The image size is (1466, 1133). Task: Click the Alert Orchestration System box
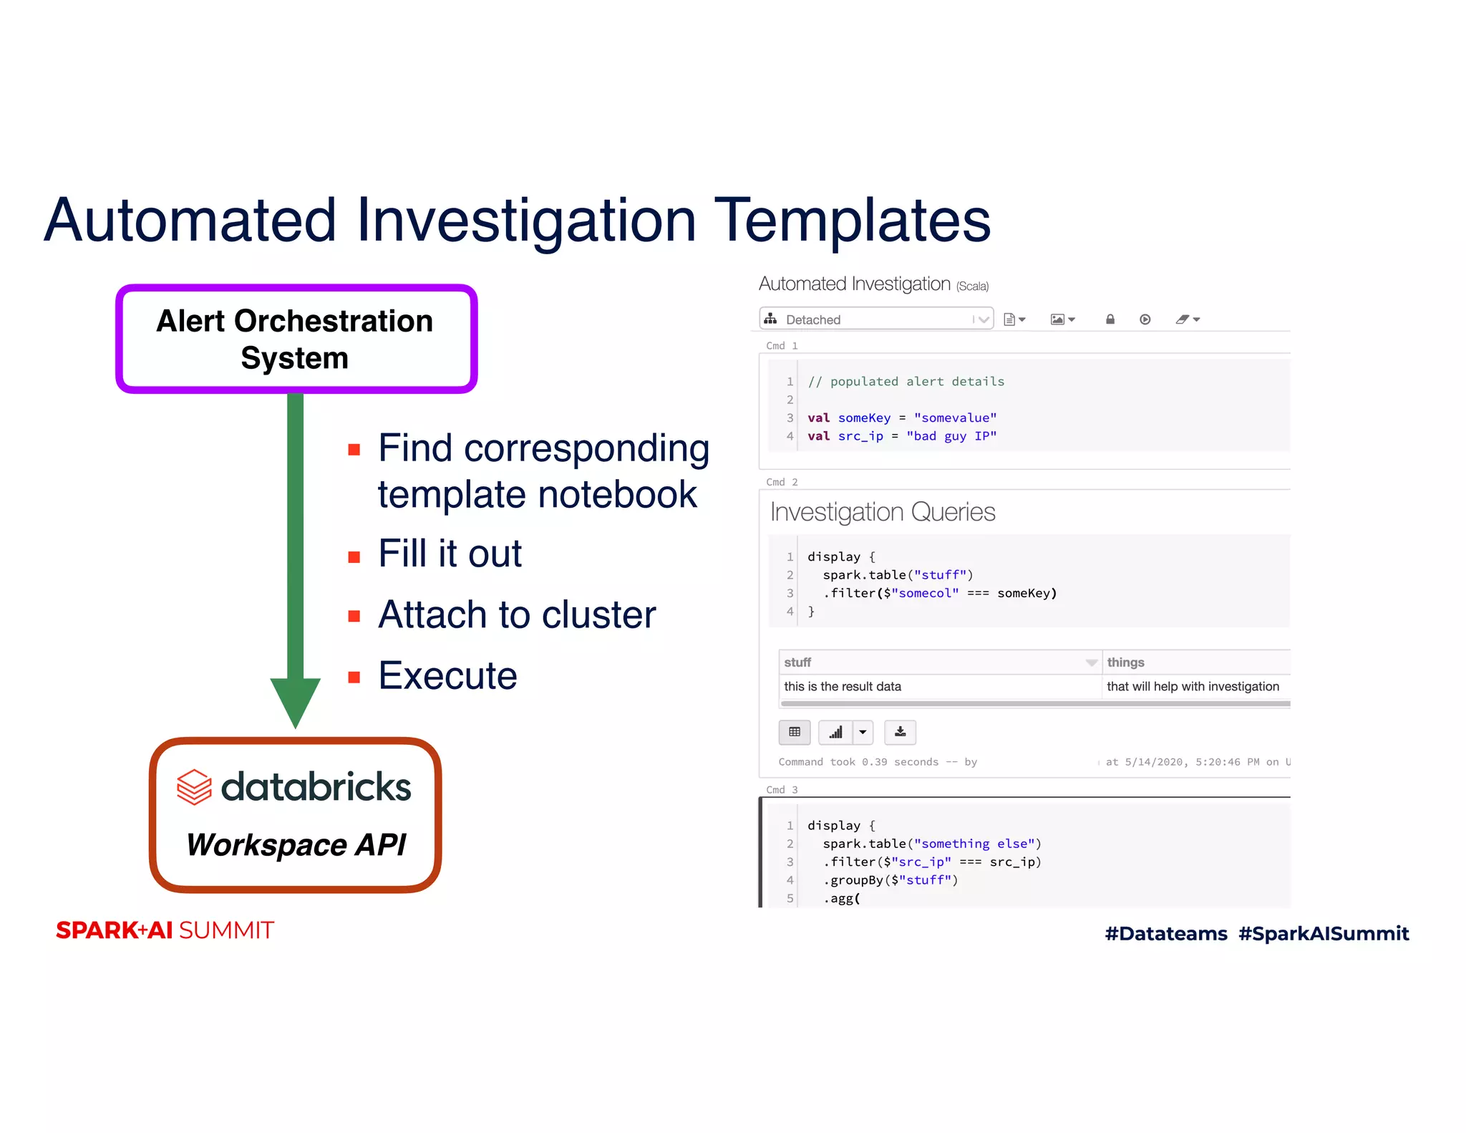(296, 339)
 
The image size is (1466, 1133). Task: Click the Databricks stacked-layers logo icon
(194, 787)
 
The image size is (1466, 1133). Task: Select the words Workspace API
(296, 844)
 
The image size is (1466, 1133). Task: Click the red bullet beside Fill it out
(354, 557)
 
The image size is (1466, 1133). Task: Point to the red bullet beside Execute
(354, 678)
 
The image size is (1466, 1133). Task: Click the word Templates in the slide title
(852, 220)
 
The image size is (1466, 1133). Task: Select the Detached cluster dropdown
(875, 319)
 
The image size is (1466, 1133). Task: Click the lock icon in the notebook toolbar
(1110, 319)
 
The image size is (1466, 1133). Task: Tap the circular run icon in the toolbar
(1145, 319)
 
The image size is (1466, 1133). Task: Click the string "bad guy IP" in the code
(951, 436)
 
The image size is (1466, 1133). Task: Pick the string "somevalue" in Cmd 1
(955, 418)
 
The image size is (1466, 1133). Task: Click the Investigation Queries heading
(882, 512)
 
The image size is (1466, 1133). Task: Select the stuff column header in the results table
(797, 662)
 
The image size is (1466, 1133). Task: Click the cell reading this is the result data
(843, 686)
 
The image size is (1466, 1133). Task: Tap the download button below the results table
(900, 732)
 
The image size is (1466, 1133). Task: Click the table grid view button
(795, 732)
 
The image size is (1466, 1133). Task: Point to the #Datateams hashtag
(1165, 933)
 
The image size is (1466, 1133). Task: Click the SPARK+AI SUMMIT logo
(165, 930)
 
